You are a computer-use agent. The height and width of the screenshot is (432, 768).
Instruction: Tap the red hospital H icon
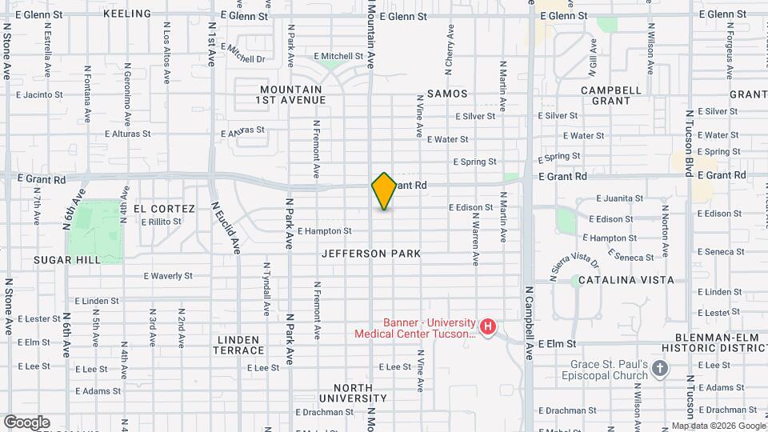pos(487,327)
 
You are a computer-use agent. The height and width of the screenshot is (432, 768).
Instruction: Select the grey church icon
pos(660,369)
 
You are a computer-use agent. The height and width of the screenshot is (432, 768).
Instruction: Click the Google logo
pos(26,422)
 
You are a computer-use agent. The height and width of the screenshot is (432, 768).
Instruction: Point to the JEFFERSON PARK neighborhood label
pos(371,254)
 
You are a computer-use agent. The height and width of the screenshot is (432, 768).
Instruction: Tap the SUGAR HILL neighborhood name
pos(66,260)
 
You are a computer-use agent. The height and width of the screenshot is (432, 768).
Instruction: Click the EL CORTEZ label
pos(164,209)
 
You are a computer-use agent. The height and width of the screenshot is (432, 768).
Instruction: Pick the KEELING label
pos(127,14)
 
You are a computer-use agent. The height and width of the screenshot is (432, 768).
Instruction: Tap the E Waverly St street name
pos(168,276)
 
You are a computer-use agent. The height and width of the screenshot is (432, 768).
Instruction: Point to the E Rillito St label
pos(162,222)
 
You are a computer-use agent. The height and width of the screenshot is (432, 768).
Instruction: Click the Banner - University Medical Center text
pos(417,328)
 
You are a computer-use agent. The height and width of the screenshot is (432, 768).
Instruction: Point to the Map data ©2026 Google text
pos(718,426)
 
